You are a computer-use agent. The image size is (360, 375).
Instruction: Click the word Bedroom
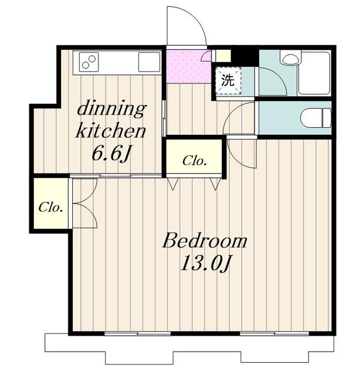205,241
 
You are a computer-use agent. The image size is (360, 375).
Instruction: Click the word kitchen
111,131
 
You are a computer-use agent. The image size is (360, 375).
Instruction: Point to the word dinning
111,110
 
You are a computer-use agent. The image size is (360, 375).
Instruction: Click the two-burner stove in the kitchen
89,62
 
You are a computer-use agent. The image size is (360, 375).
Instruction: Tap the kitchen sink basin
149,62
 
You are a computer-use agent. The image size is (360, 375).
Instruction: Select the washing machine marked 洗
228,81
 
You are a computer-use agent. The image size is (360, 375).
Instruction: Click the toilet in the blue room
315,118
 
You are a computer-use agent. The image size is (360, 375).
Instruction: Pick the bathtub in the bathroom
314,73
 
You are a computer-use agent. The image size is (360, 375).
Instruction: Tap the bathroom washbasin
290,58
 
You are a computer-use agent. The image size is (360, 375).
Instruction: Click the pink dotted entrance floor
189,66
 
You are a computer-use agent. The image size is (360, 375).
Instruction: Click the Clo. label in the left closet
51,207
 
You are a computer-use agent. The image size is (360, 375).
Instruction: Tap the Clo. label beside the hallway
195,161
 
